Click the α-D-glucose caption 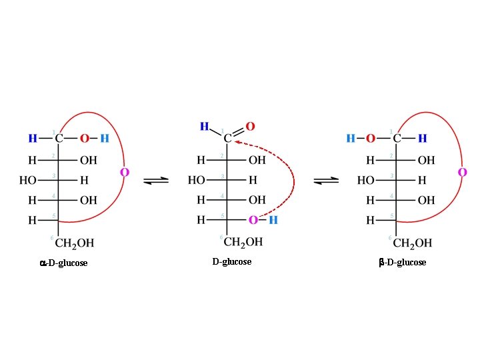click(63, 263)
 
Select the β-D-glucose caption click(402, 263)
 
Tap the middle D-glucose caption click(232, 262)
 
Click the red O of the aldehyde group click(250, 126)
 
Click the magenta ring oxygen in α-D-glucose click(125, 172)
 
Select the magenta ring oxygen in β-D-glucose click(463, 172)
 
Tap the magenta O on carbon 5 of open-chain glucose click(253, 220)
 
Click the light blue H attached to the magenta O click(273, 220)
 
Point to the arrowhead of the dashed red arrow click(237, 141)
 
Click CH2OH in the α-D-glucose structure click(75, 242)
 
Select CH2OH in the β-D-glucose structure click(412, 242)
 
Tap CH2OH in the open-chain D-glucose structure click(243, 241)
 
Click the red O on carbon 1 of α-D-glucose click(85, 139)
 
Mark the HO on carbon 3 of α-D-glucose click(28, 180)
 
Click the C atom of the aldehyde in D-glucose click(227, 139)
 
